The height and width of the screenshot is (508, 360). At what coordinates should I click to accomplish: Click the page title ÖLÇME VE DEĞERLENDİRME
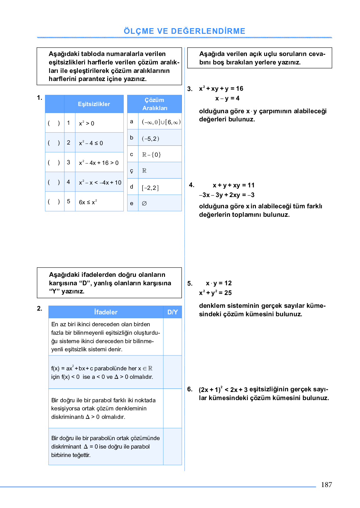(x=184, y=31)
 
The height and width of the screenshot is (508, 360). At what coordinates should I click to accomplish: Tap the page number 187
(x=326, y=485)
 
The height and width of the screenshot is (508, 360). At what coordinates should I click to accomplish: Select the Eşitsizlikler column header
(x=94, y=104)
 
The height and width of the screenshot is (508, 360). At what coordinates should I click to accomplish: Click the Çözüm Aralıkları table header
(x=154, y=104)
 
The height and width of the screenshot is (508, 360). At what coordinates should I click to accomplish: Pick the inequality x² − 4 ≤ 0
(x=91, y=143)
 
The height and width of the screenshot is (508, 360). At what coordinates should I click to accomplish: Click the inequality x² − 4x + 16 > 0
(x=99, y=163)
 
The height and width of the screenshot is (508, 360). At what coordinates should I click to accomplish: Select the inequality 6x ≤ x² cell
(x=88, y=202)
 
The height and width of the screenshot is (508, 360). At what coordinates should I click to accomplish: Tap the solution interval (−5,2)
(x=150, y=139)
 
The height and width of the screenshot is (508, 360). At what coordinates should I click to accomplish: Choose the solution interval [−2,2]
(x=150, y=188)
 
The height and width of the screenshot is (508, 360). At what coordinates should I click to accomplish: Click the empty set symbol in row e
(x=144, y=203)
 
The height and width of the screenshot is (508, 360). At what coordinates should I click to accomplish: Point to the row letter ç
(x=132, y=170)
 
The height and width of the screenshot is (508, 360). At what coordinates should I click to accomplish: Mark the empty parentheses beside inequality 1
(x=54, y=123)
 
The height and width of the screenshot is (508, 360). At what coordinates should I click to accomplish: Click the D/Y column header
(x=172, y=312)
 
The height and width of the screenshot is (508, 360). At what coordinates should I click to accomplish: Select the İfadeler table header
(x=106, y=312)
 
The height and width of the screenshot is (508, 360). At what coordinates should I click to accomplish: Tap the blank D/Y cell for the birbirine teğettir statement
(x=172, y=446)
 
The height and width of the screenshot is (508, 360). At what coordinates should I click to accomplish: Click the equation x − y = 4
(x=227, y=98)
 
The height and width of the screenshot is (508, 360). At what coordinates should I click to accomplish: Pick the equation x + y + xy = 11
(x=233, y=185)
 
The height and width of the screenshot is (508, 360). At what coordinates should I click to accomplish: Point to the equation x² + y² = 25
(x=215, y=293)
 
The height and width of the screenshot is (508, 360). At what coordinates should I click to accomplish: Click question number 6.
(x=190, y=389)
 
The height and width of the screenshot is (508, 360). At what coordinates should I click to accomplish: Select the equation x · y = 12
(x=219, y=283)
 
